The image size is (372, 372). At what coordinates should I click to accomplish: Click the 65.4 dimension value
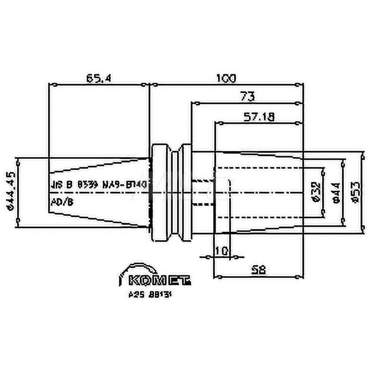click(x=99, y=78)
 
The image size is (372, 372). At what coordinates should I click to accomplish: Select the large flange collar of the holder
click(x=159, y=193)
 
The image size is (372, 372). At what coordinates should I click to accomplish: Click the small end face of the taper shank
click(x=49, y=193)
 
